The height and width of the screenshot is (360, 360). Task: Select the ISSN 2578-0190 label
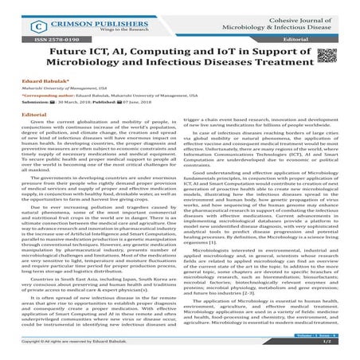pos(37,37)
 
